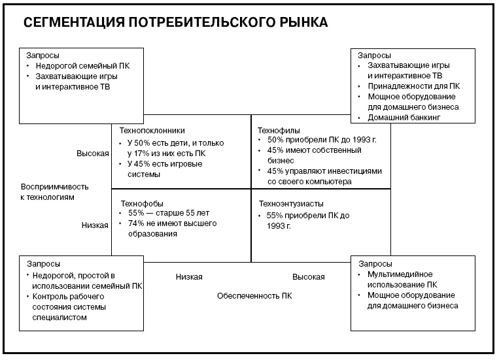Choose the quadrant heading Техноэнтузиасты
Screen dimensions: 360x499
click(x=291, y=203)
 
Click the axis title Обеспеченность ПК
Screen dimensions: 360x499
click(x=254, y=296)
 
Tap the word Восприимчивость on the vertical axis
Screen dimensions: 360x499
click(x=54, y=186)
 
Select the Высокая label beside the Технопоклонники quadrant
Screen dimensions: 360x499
click(x=92, y=154)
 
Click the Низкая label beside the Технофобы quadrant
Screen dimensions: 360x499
click(x=95, y=225)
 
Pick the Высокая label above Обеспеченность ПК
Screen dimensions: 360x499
click(x=308, y=277)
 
